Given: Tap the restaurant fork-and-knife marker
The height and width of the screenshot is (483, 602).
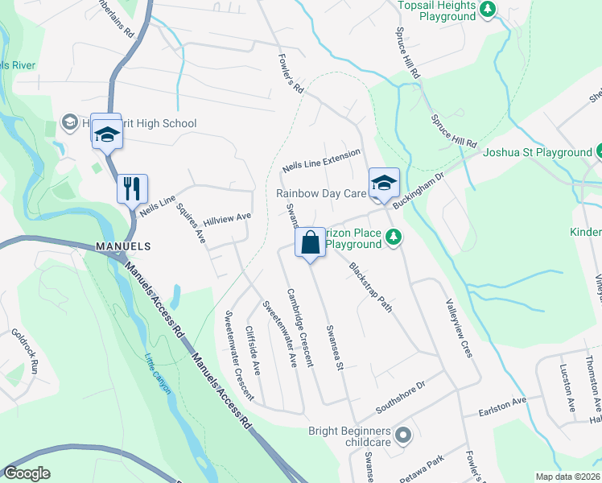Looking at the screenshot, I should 130,189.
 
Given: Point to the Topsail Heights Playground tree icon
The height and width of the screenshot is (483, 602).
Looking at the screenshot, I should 488,10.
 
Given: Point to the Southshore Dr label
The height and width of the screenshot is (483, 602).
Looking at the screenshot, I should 400,395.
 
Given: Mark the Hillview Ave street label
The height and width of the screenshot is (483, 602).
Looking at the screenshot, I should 228,218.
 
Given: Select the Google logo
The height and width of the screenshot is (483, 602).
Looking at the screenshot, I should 27,473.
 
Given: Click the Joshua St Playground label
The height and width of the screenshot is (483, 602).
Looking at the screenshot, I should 536,152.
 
